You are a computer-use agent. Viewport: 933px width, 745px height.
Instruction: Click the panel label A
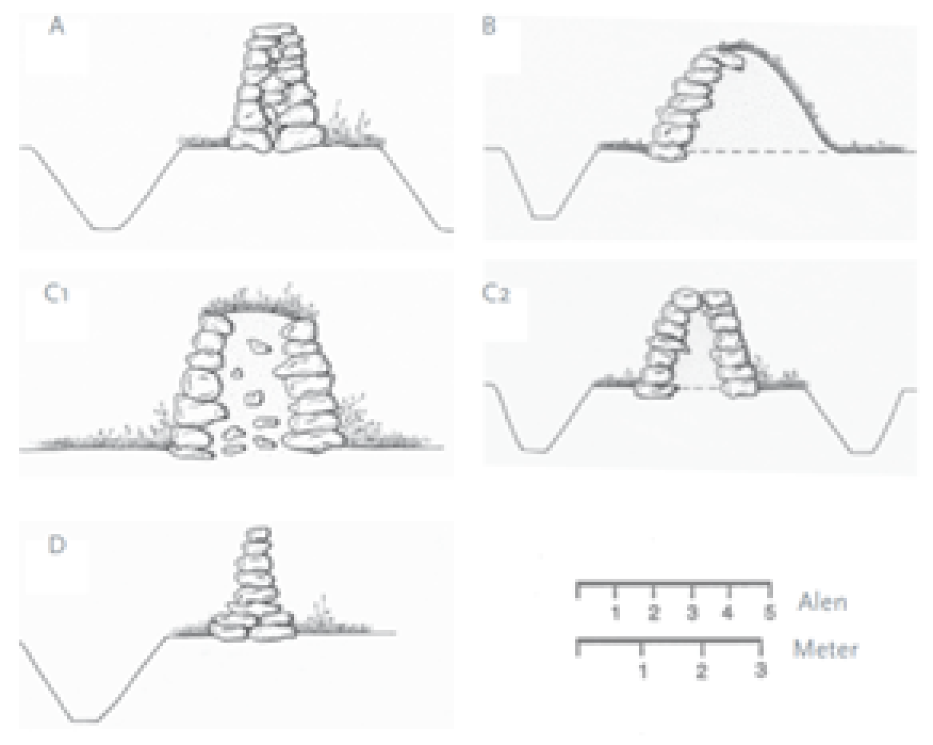(x=57, y=26)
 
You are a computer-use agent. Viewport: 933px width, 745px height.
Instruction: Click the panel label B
(x=489, y=26)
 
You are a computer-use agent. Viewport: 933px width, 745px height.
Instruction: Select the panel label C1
(x=57, y=294)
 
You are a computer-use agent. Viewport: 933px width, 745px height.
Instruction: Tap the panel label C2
(x=496, y=294)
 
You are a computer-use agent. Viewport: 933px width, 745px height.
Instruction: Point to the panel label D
(x=57, y=545)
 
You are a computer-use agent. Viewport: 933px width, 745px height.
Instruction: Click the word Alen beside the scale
(x=822, y=602)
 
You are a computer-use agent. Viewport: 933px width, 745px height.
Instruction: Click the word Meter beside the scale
(x=826, y=649)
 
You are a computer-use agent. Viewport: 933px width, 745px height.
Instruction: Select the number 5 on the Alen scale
(x=770, y=613)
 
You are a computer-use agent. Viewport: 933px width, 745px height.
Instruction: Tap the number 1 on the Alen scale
(x=616, y=613)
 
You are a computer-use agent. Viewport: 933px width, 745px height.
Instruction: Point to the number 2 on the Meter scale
(x=702, y=671)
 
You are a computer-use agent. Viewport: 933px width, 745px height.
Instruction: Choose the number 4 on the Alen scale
(x=728, y=613)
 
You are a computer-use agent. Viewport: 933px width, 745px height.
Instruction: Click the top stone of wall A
(x=273, y=32)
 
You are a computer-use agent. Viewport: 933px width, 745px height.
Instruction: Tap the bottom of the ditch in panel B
(x=545, y=216)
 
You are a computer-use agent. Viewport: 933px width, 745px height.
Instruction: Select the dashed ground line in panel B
(x=762, y=152)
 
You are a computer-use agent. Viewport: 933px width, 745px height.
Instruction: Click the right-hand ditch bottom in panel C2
(x=862, y=453)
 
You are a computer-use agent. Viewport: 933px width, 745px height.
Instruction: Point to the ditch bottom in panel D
(x=86, y=721)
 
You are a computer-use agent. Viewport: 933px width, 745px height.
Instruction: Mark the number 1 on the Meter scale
(x=643, y=671)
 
